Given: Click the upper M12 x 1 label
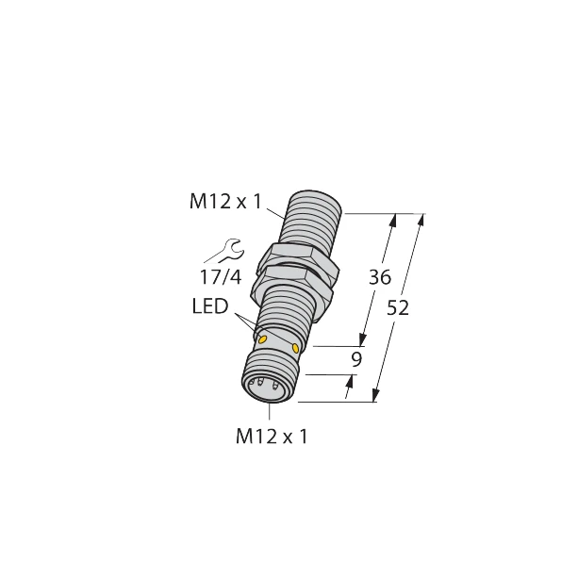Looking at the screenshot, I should [225, 201].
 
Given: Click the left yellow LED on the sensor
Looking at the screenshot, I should [264, 339].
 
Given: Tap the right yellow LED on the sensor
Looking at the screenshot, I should [297, 349].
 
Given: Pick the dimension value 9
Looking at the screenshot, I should [355, 358].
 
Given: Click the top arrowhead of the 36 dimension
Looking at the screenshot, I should [393, 220].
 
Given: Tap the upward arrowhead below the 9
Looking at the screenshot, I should [354, 380].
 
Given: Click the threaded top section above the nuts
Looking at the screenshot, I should [311, 222].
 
